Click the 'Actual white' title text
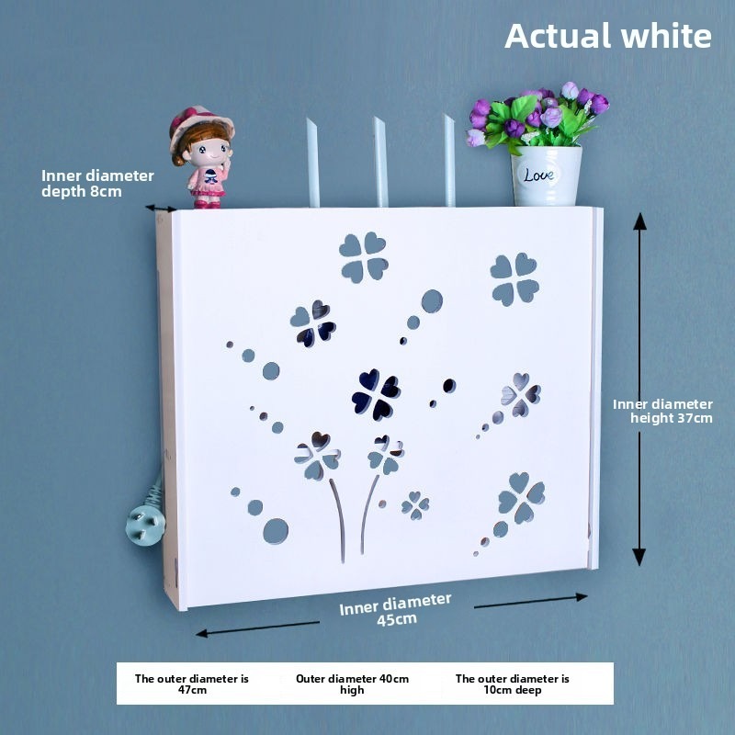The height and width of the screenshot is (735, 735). [x=608, y=36]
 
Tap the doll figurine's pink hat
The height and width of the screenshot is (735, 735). [x=201, y=123]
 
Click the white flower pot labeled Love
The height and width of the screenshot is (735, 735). [x=546, y=175]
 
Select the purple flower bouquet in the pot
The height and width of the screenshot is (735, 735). [x=537, y=117]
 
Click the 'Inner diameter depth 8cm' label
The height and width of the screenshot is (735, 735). [x=97, y=183]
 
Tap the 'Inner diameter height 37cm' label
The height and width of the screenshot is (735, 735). [x=662, y=411]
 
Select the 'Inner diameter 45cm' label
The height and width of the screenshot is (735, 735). [x=396, y=610]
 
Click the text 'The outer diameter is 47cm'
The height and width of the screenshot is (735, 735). [x=192, y=684]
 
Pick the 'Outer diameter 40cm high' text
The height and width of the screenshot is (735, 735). [x=352, y=684]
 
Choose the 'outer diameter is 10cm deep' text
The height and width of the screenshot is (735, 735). [x=513, y=684]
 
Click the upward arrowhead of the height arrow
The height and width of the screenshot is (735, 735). [x=639, y=221]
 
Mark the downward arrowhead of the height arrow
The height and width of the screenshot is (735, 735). [x=639, y=557]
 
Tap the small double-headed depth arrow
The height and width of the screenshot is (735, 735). [x=161, y=209]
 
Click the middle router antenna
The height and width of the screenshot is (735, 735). [x=380, y=162]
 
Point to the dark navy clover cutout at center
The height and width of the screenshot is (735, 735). [x=376, y=394]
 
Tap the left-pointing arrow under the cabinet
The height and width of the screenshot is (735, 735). [x=258, y=628]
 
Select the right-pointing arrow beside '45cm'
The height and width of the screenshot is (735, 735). [x=531, y=602]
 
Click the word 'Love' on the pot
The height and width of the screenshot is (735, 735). [x=539, y=175]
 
